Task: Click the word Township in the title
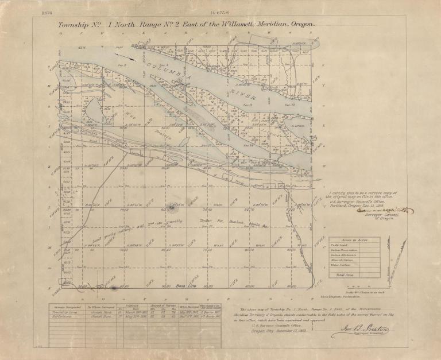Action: [77, 25]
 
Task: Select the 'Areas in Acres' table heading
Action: [354, 239]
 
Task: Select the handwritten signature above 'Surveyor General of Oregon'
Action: [367, 211]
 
